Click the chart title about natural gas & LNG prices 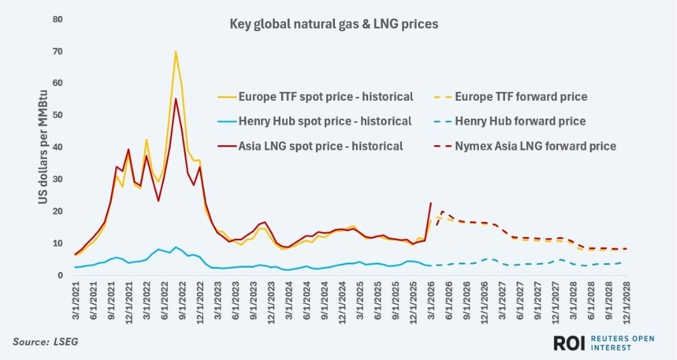pos(333,25)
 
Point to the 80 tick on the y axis pos(58,19)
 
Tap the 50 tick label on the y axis pos(58,115)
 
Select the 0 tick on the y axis pos(61,275)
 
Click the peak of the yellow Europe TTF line pos(175,52)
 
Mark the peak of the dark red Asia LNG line pos(175,99)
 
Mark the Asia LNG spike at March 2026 pos(431,203)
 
